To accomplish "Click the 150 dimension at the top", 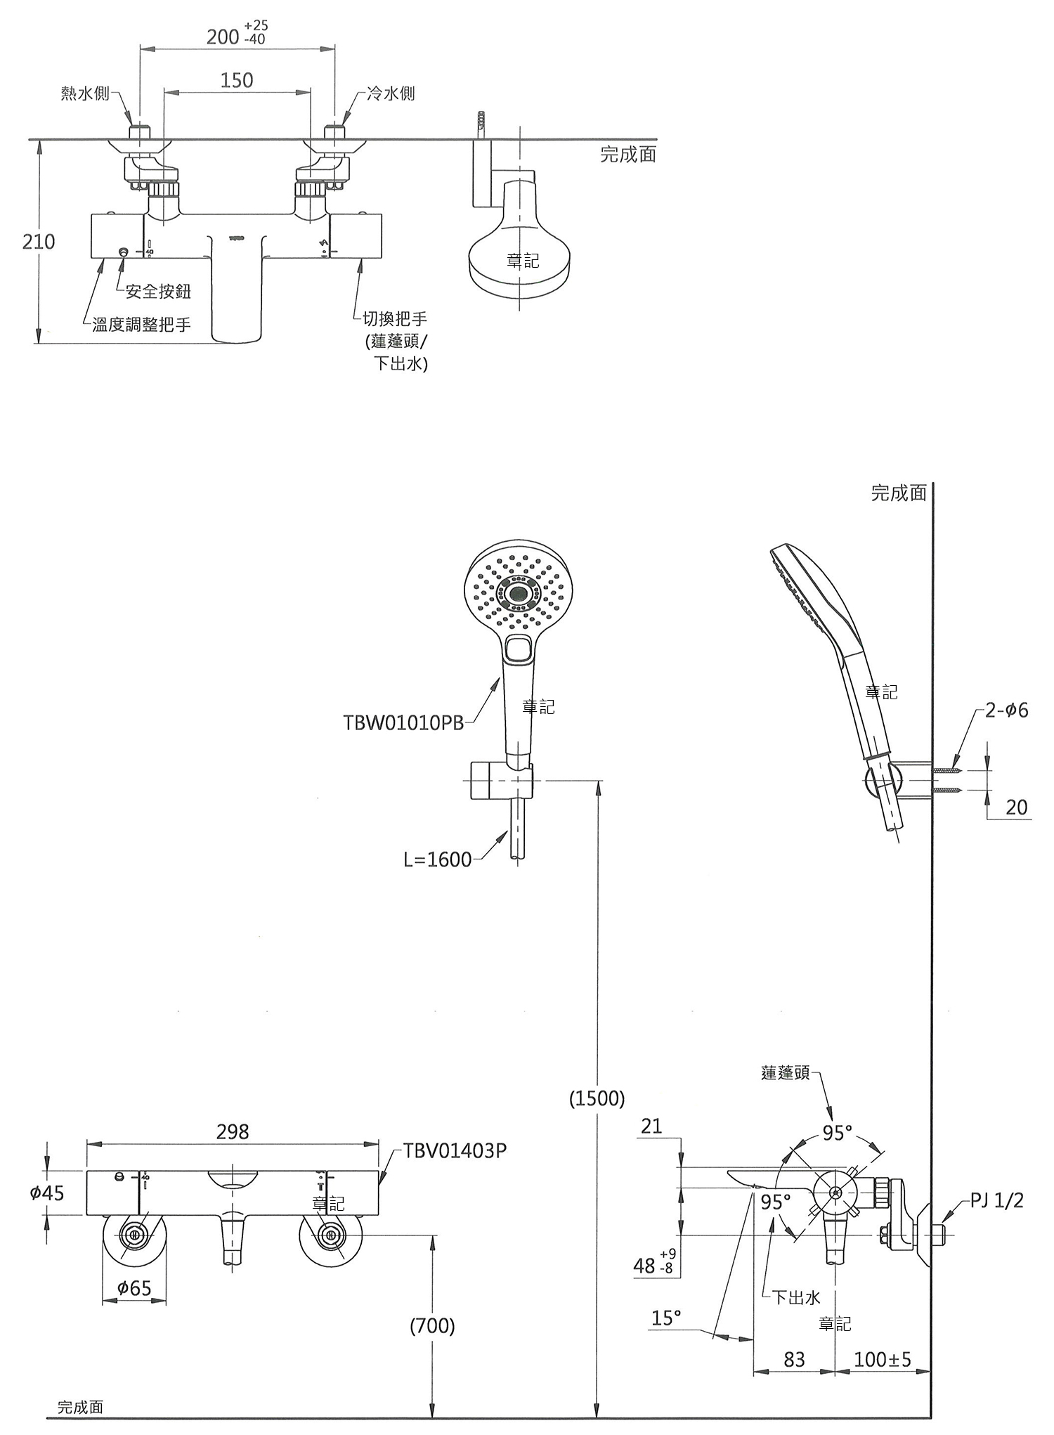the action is coord(237,80).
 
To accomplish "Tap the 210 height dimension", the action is coord(39,242).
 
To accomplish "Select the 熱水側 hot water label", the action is coord(85,93).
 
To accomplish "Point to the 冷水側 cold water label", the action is coord(391,93).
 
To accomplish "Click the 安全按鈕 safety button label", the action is coord(158,291).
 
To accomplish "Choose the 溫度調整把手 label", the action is coord(141,325).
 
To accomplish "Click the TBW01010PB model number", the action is coord(403,722).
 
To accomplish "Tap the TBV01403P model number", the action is coord(455,1150).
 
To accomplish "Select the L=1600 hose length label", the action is coord(438,859).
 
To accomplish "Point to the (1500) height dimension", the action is coord(597,1098).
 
